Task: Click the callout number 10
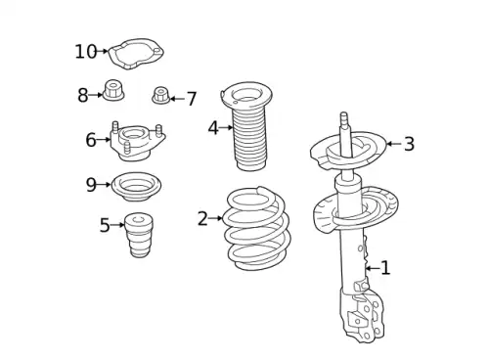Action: (x=86, y=52)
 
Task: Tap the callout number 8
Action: (x=83, y=95)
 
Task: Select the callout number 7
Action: (x=192, y=99)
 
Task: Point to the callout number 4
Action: (x=213, y=128)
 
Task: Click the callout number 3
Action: (x=409, y=144)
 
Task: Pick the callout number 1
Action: (x=385, y=268)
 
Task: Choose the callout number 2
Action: (x=202, y=218)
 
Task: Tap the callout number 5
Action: (x=105, y=225)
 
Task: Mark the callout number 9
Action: (x=91, y=185)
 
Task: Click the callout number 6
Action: (x=91, y=140)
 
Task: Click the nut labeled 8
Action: (x=113, y=90)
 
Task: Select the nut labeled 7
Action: (x=161, y=95)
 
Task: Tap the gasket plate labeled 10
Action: (x=136, y=54)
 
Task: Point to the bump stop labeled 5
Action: (x=139, y=235)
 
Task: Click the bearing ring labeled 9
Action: (x=136, y=187)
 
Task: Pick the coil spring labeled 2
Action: (x=256, y=228)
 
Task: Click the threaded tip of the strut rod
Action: (x=344, y=118)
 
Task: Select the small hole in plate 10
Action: (x=157, y=51)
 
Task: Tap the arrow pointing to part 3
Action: (x=393, y=144)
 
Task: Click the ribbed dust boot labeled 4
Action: (x=248, y=126)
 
